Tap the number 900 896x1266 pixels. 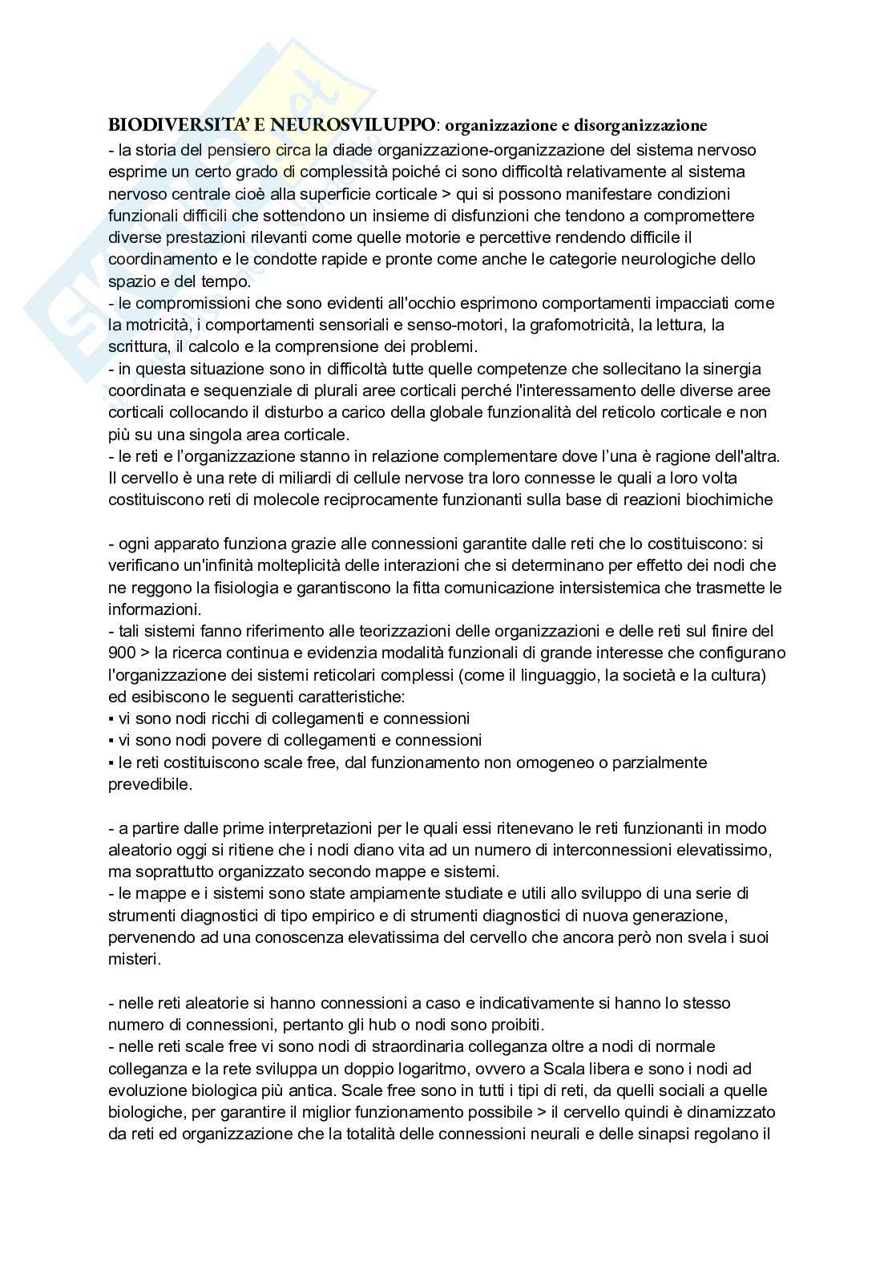121,653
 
